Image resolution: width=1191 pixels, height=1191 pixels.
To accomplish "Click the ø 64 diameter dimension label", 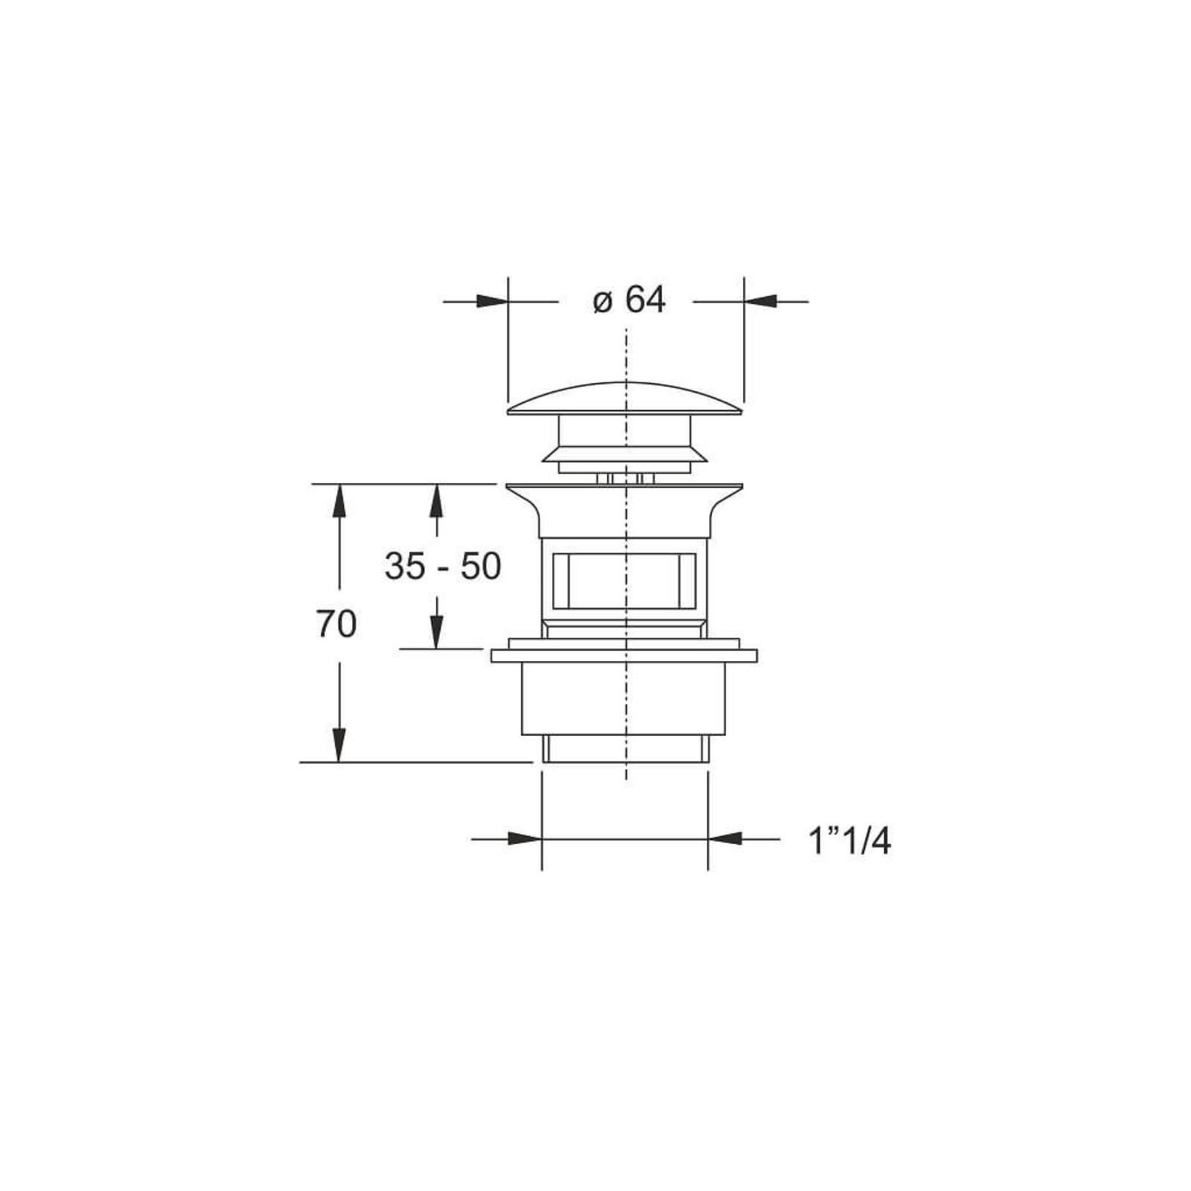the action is (629, 301).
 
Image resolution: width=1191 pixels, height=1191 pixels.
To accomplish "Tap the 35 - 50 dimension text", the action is (443, 567).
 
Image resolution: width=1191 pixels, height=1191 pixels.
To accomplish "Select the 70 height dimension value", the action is (336, 624).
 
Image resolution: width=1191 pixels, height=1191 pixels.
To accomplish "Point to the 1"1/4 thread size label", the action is (849, 842).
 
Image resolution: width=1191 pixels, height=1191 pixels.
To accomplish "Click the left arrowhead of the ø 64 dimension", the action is (492, 301).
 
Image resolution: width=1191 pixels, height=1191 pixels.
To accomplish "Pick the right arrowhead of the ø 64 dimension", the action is (760, 301).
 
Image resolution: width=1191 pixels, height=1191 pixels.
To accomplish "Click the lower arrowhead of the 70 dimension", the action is (339, 746).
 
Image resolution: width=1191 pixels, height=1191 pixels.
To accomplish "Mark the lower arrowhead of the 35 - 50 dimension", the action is (436, 633).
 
